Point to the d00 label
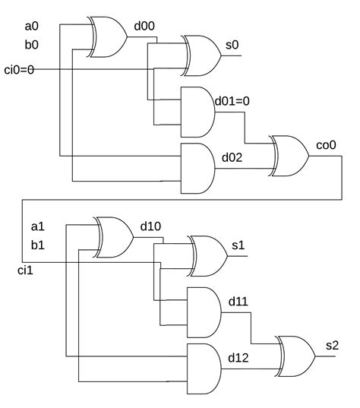click(144, 27)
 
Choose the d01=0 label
click(232, 101)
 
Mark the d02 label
click(232, 157)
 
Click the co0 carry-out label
click(326, 144)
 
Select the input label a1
click(38, 226)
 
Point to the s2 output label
click(332, 345)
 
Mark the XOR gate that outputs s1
click(210, 255)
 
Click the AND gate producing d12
click(203, 368)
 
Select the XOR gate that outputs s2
click(296, 356)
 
